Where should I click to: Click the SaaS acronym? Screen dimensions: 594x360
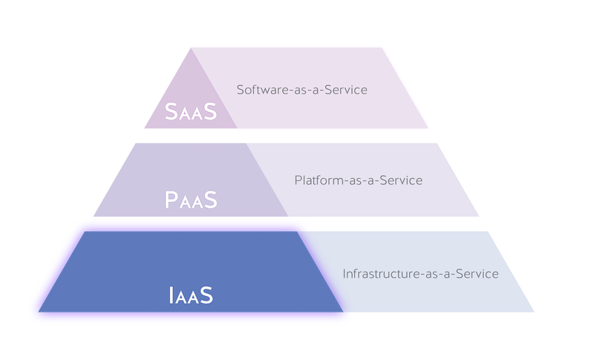[191, 111]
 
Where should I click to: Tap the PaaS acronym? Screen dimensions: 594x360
[191, 200]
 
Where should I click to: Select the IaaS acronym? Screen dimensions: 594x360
[191, 295]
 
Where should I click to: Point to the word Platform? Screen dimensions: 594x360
[319, 180]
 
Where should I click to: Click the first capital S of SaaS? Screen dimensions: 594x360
[172, 111]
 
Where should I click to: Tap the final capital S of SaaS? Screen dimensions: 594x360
[211, 111]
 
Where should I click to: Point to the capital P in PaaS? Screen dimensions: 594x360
[172, 200]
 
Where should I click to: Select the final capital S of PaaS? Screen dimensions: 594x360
[211, 200]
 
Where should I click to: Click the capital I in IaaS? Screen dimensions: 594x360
[172, 295]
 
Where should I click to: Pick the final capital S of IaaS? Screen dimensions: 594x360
[206, 295]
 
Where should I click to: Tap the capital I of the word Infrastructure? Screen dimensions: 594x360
[344, 274]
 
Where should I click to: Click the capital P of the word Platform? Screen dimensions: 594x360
[298, 180]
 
